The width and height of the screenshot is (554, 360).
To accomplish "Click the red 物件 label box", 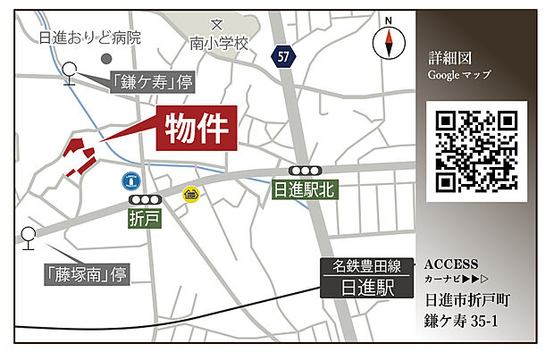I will (197, 129).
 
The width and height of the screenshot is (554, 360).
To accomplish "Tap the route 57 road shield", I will (283, 56).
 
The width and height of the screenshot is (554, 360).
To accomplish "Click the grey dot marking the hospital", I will (106, 58).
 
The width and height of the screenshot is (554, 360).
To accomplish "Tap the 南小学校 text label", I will (216, 41).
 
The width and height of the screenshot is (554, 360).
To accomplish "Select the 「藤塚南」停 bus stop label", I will (86, 273).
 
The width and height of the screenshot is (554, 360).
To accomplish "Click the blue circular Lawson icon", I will (131, 180).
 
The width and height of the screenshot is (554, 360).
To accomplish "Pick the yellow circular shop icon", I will (190, 194).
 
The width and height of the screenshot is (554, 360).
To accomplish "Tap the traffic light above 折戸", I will (144, 199).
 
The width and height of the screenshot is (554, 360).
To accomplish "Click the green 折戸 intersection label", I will (144, 218).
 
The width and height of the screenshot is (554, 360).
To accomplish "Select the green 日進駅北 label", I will (305, 190).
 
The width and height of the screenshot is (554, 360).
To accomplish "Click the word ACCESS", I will (451, 264).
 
